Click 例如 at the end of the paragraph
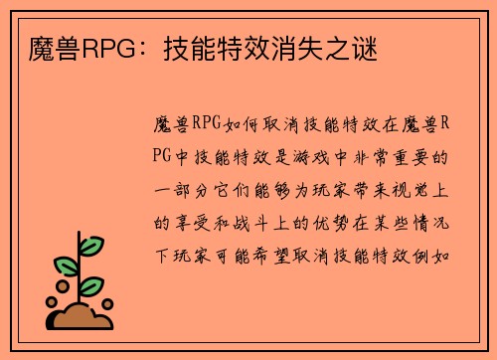point(444,251)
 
